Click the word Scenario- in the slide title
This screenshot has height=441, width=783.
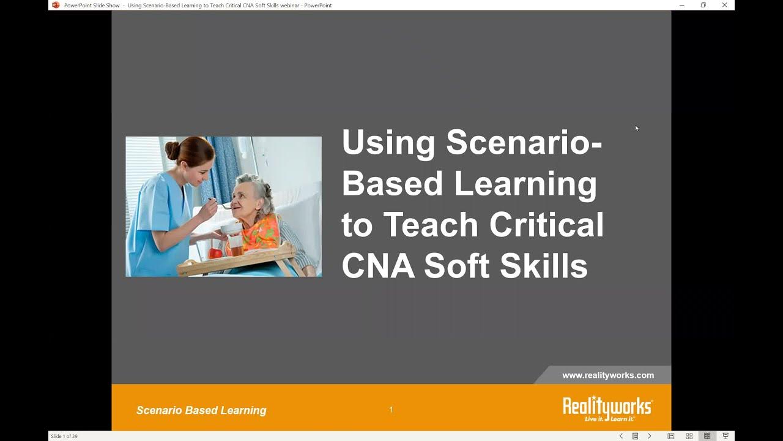coord(524,143)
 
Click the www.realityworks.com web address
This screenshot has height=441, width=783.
coord(608,375)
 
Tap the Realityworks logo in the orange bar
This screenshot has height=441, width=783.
coord(607,409)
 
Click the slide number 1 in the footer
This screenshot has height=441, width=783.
coord(391,410)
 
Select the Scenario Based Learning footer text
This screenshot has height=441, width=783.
coord(201,410)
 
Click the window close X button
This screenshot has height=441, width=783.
coord(724,5)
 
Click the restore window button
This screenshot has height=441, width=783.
coord(703,5)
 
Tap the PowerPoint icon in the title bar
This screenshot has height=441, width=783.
coord(56,5)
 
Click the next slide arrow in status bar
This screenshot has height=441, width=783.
coord(650,436)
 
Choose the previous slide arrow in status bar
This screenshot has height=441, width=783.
coord(621,436)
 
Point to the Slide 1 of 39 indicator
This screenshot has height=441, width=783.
coord(64,436)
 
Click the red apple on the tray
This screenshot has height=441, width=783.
coord(215,253)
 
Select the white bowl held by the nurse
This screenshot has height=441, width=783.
coord(230,228)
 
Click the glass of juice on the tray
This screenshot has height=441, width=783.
coord(236,246)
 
